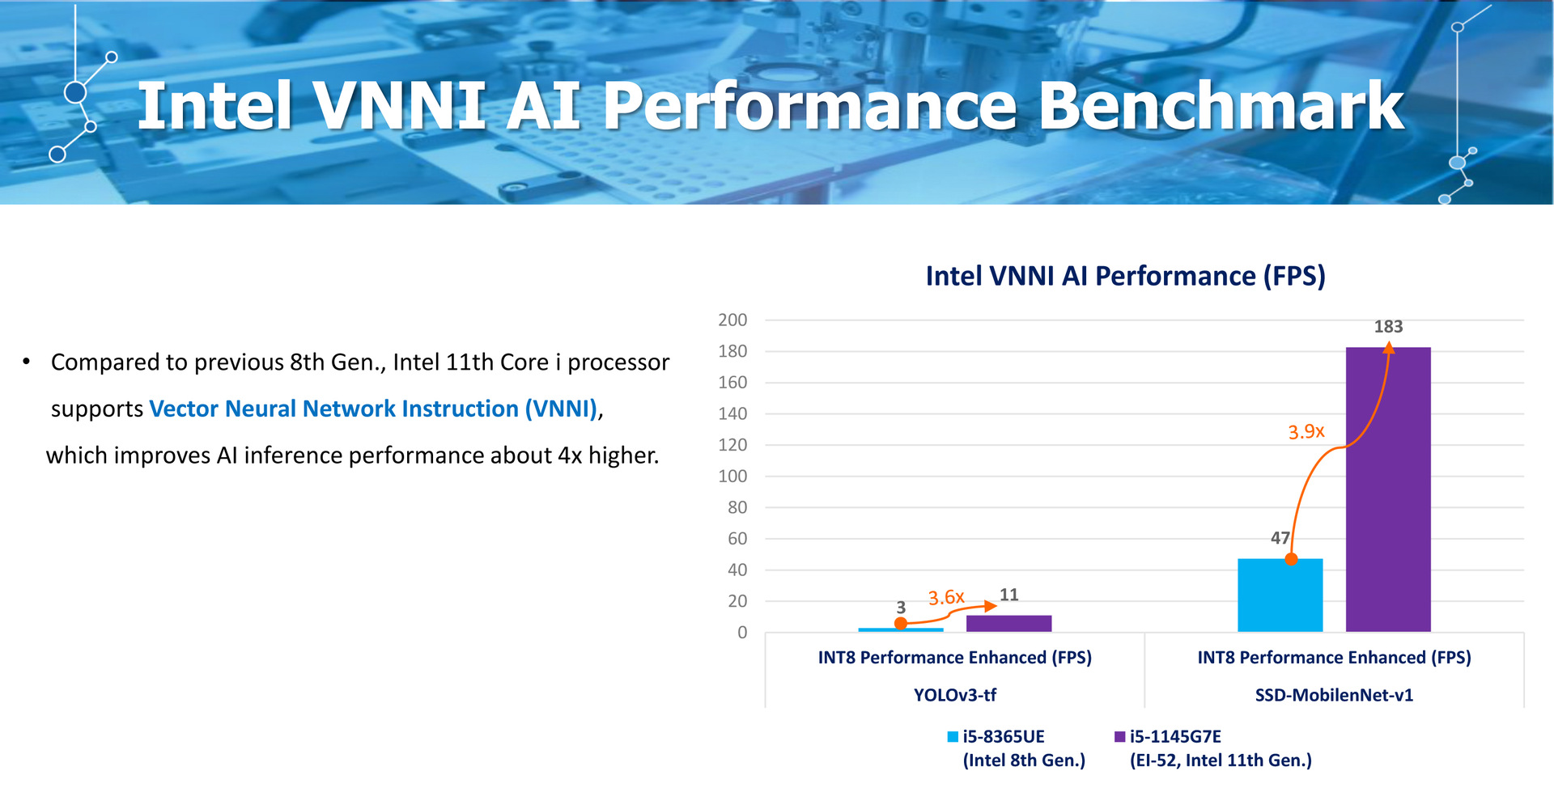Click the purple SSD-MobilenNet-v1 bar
click(1387, 489)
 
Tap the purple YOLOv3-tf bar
click(1008, 623)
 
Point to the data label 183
click(1388, 327)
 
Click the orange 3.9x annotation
click(1306, 432)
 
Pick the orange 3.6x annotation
click(945, 598)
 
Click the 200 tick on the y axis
click(732, 320)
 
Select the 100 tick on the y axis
click(732, 476)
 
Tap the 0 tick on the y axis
click(742, 633)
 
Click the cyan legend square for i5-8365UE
click(953, 736)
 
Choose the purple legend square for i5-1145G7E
click(1120, 736)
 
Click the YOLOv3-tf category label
click(955, 695)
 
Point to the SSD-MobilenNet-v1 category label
click(1334, 695)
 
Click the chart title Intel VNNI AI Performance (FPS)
click(1125, 276)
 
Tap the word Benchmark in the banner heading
click(1221, 106)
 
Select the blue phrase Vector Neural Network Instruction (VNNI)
click(373, 409)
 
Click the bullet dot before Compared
click(27, 361)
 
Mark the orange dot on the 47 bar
click(1291, 559)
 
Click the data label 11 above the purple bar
click(1008, 595)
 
